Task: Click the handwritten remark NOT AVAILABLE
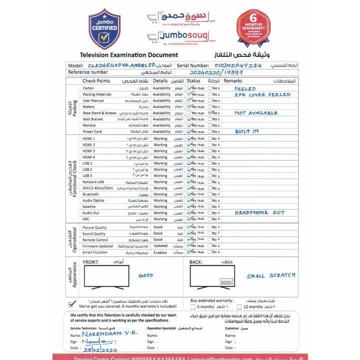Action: [x=256, y=113]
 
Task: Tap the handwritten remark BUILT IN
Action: [x=247, y=131]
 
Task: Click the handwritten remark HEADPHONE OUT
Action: [x=259, y=213]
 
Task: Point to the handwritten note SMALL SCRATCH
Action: [x=271, y=276]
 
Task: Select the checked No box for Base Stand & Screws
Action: [x=210, y=113]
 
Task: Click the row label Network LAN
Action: [x=93, y=182]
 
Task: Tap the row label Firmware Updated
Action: [x=97, y=246]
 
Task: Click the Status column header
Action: [x=193, y=80]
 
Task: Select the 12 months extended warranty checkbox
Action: [x=238, y=306]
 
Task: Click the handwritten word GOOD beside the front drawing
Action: [x=145, y=275]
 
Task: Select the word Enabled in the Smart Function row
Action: [x=160, y=252]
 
